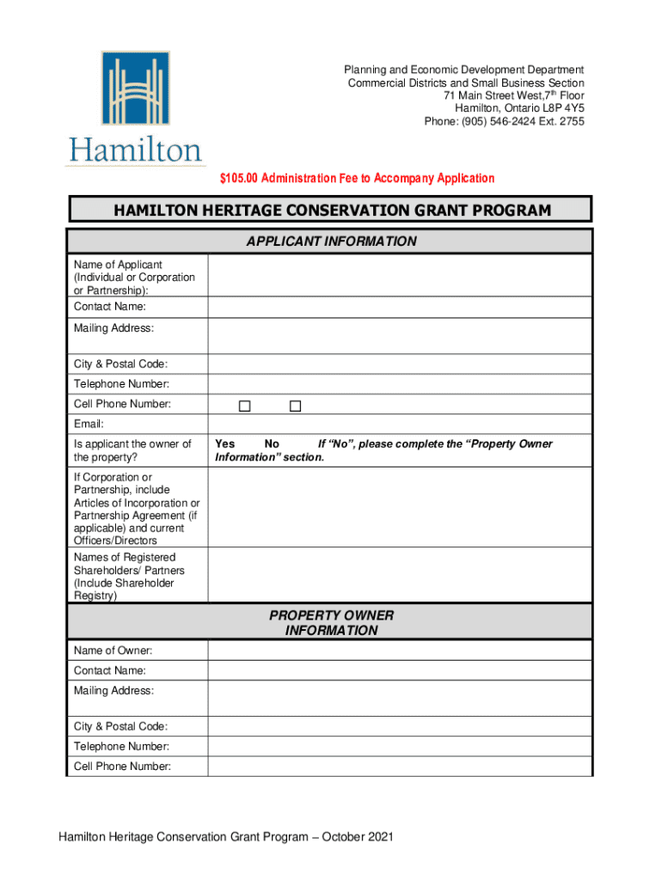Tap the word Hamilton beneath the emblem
pyautogui.click(x=134, y=151)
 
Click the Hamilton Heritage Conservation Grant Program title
pyautogui.click(x=331, y=211)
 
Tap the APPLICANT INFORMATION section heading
pyautogui.click(x=331, y=241)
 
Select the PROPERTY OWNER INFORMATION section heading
pyautogui.click(x=331, y=623)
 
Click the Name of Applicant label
pyautogui.click(x=118, y=265)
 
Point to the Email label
pyautogui.click(x=89, y=424)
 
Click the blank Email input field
pyautogui.click(x=399, y=424)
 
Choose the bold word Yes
pyautogui.click(x=225, y=443)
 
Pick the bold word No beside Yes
pyautogui.click(x=272, y=443)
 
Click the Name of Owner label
pyautogui.click(x=107, y=651)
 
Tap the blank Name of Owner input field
pyautogui.click(x=399, y=651)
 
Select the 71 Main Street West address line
pyautogui.click(x=514, y=95)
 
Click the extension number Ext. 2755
pyautogui.click(x=564, y=121)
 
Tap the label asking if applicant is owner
pyautogui.click(x=132, y=450)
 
